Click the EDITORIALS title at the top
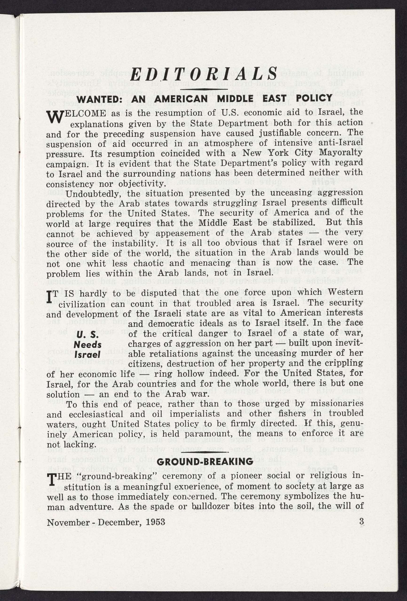pyautogui.click(x=204, y=75)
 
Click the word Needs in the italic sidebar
pyautogui.click(x=87, y=345)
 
